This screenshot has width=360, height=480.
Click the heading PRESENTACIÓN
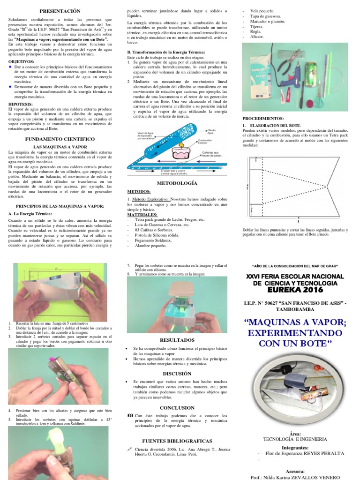click(x=60, y=11)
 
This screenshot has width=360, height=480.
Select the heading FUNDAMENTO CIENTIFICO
click(x=60, y=139)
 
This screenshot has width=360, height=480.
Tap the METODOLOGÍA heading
click(x=177, y=183)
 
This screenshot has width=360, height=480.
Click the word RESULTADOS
click(x=177, y=339)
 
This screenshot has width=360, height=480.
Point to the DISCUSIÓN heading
click(x=177, y=374)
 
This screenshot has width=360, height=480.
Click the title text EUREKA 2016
click(x=295, y=290)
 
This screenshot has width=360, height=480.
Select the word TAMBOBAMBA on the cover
click(x=295, y=310)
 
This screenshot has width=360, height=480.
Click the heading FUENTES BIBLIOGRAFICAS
click(x=177, y=441)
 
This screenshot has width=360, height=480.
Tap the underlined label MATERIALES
click(x=142, y=214)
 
